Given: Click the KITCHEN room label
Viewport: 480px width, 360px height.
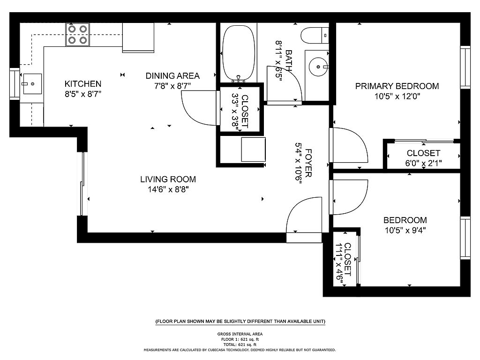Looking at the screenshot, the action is coord(82,83).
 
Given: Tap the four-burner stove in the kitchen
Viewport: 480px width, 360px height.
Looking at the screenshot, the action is coord(77,35).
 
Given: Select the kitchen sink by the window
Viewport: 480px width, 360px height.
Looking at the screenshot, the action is coord(32,83).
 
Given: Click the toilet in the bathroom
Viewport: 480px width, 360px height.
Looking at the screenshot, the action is coord(315,36).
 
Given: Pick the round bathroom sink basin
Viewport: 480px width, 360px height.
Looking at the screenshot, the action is coord(319,67).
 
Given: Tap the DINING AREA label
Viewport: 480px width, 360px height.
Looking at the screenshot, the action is coord(172,75).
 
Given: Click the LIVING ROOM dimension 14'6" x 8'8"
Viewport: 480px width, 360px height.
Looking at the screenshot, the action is coord(168,189).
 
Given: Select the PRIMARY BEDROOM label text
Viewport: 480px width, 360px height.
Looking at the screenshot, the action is coord(397,86).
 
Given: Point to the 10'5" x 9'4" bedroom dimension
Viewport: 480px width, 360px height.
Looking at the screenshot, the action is coord(405,230).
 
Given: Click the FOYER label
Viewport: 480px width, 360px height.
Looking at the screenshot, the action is coord(308,163).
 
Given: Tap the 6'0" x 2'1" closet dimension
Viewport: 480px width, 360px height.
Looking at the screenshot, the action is coord(423,163).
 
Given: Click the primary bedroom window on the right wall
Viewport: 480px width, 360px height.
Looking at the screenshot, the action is coord(465,67).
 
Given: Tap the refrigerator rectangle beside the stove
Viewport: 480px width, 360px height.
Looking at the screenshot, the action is coord(138,37).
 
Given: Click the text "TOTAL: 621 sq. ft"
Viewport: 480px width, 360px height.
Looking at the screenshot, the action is coord(240,345).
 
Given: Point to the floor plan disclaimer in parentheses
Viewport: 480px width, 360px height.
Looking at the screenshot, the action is coord(240,321).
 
